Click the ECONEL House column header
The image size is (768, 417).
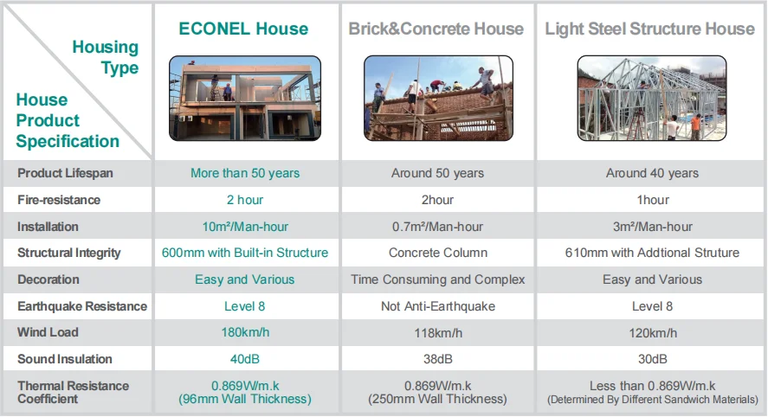pyautogui.click(x=243, y=29)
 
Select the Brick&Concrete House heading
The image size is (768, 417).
pyautogui.click(x=436, y=29)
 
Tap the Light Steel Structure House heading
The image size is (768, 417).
pyautogui.click(x=649, y=29)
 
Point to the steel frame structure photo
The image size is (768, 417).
pyautogui.click(x=649, y=98)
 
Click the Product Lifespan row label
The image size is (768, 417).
pyautogui.click(x=65, y=173)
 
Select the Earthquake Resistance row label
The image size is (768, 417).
pyautogui.click(x=82, y=306)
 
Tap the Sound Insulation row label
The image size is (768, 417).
pyautogui.click(x=65, y=359)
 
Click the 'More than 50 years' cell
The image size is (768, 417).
pyautogui.click(x=245, y=173)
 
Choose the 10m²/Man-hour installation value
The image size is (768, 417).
pyautogui.click(x=245, y=227)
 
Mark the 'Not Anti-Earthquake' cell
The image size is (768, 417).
pyautogui.click(x=437, y=306)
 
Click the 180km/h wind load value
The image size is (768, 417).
pyautogui.click(x=245, y=333)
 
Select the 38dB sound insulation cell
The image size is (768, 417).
pyautogui.click(x=437, y=359)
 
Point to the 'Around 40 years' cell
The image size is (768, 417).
pyautogui.click(x=651, y=173)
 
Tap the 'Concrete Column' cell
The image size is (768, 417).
pyautogui.click(x=437, y=253)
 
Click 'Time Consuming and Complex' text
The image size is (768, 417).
pyautogui.click(x=437, y=279)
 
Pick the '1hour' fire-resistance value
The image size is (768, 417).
pyautogui.click(x=651, y=200)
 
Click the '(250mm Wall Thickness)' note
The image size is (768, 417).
pyautogui.click(x=437, y=399)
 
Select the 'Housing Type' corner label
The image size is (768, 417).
pyautogui.click(x=105, y=57)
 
